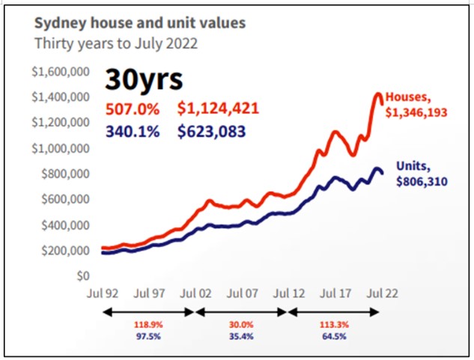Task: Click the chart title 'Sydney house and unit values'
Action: (x=140, y=22)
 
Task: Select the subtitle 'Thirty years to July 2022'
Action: (x=116, y=43)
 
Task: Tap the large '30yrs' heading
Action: (x=143, y=79)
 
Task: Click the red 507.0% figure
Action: (x=133, y=109)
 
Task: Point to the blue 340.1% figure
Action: (x=133, y=132)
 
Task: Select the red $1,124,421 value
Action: (x=218, y=109)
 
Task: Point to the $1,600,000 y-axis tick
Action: (x=61, y=72)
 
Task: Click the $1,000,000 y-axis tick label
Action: (x=61, y=148)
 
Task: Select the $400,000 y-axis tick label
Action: (x=65, y=225)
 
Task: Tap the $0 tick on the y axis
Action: (x=82, y=275)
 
